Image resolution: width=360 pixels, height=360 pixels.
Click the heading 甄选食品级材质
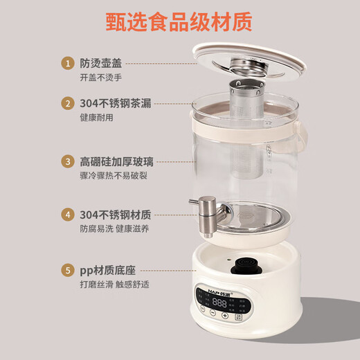click(x=180, y=22)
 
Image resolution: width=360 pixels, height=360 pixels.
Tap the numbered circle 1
click(x=68, y=64)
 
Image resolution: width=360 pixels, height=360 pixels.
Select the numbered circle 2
click(x=68, y=104)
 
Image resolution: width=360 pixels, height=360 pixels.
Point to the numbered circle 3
click(x=68, y=161)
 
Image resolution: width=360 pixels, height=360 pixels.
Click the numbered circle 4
click(x=68, y=214)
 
